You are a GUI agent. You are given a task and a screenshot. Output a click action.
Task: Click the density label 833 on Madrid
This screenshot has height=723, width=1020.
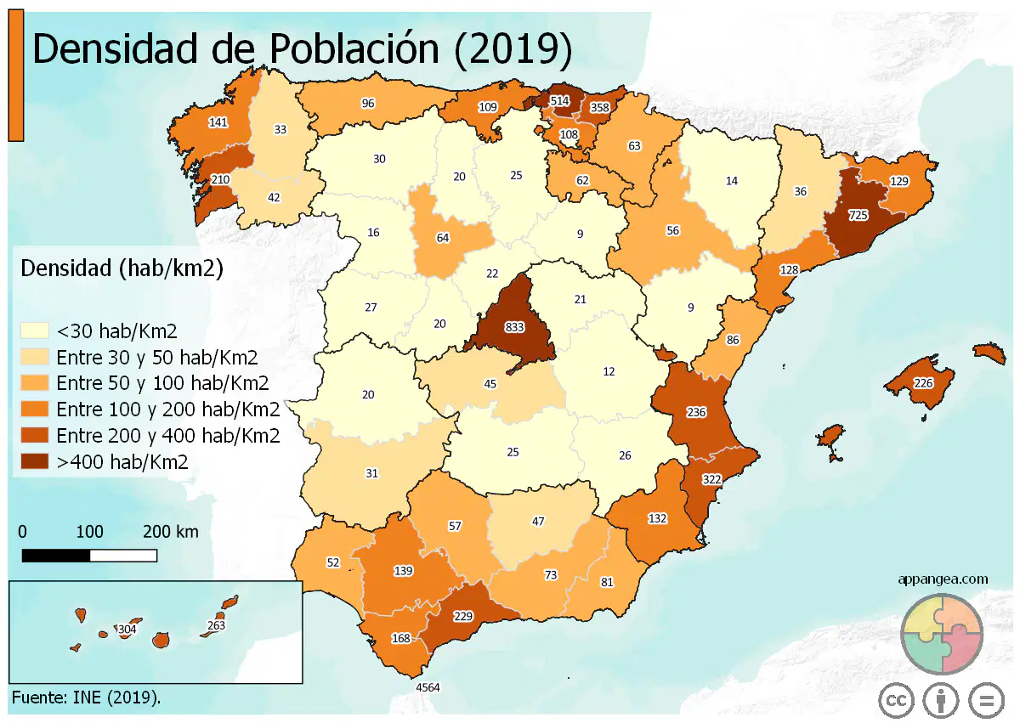514,327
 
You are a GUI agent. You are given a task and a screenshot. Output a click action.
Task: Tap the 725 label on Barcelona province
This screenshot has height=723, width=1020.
858,215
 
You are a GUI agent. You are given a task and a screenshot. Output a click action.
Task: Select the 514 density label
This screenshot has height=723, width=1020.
559,100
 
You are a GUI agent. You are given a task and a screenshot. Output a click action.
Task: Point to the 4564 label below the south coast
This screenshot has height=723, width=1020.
428,687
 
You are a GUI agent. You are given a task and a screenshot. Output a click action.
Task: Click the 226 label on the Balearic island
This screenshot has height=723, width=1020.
923,383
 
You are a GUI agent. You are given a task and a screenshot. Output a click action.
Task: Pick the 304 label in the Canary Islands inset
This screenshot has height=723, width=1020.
127,630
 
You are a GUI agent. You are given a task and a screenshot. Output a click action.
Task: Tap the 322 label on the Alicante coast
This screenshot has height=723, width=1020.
711,479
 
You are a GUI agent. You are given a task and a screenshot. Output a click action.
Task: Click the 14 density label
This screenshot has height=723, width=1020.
731,181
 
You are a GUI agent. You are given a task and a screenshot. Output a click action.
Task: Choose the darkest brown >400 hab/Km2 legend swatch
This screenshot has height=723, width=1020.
35,461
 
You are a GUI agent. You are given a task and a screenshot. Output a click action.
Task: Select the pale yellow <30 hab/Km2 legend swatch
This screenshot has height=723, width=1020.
35,330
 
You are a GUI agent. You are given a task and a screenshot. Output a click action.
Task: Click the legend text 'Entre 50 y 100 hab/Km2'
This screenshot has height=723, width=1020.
162,383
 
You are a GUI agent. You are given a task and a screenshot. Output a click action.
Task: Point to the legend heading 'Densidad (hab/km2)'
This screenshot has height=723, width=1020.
122,268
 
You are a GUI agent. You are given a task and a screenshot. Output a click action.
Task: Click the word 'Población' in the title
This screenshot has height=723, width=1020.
354,48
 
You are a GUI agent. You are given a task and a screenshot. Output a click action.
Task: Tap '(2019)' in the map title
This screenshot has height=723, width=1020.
513,49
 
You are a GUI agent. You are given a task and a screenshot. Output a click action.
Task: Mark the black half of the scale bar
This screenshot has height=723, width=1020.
56,556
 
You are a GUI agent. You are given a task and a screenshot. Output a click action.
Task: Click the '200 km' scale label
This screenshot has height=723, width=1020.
171,532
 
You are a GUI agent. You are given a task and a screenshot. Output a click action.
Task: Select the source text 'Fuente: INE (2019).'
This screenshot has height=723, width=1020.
86,698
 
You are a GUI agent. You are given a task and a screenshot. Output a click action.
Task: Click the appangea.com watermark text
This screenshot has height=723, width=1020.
943,579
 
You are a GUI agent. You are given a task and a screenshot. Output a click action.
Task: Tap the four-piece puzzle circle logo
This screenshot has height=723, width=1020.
942,634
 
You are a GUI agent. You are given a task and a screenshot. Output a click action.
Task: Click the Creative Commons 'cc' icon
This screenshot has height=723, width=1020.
896,701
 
